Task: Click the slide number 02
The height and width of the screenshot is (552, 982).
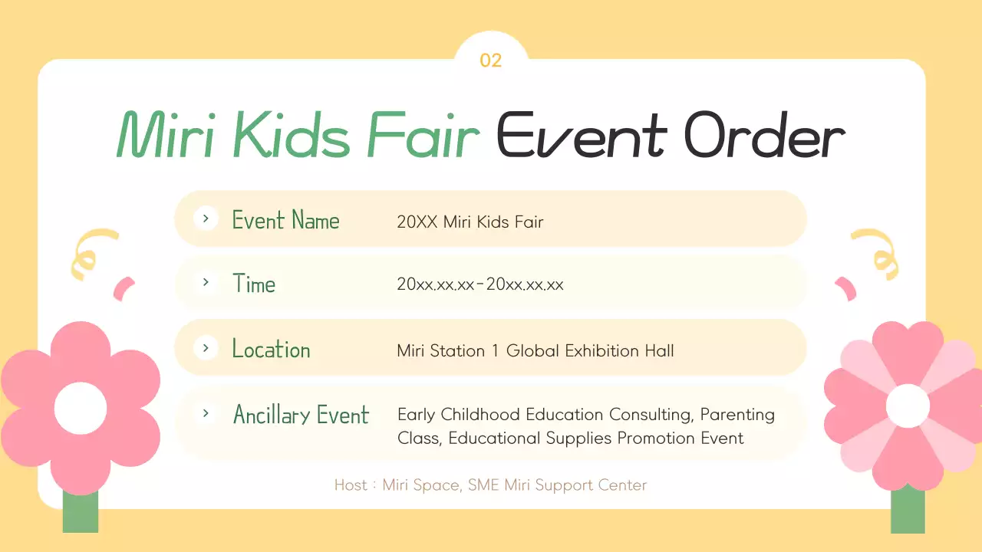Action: point(490,61)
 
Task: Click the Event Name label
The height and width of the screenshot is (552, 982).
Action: point(285,220)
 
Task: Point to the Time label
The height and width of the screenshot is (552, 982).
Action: point(254,284)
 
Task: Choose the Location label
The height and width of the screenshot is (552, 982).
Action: point(271,350)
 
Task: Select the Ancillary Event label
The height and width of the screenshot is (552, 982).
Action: point(301,415)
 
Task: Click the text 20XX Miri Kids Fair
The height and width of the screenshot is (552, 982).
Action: point(470,222)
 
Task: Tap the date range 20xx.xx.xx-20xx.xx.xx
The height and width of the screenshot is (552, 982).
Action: point(480,285)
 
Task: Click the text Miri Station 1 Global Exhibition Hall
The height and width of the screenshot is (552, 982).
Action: point(535,351)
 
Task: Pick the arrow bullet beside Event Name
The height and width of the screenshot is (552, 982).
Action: point(206,219)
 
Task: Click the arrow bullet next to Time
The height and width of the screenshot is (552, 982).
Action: point(206,282)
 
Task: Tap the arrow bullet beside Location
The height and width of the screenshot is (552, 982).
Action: point(206,348)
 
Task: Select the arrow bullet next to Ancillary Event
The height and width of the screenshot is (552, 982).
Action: point(206,413)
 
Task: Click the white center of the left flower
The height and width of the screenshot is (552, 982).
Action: point(80,407)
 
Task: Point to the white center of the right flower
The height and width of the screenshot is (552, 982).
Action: point(908,406)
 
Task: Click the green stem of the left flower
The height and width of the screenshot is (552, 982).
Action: point(81,512)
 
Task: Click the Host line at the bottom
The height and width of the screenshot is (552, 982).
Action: point(490,485)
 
